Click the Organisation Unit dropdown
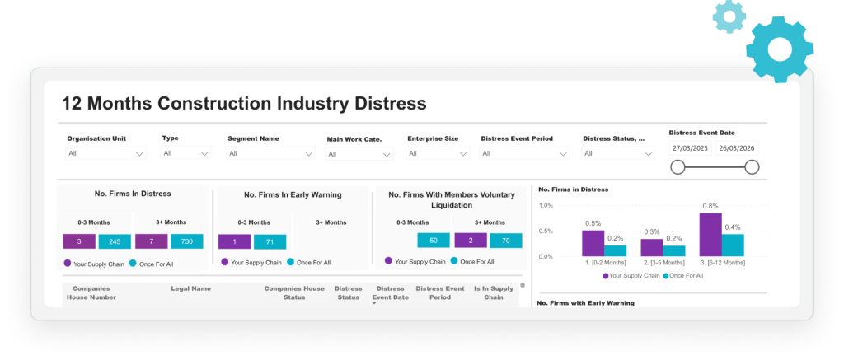pos(106,153)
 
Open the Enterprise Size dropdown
pos(438,153)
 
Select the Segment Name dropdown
pos(270,153)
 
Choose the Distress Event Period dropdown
pos(525,153)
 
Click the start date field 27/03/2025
pos(690,148)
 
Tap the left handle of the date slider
pos(678,167)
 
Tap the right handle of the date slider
pos(752,167)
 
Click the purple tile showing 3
pos(79,241)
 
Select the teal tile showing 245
pos(115,241)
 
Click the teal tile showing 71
pos(270,241)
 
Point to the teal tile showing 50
pos(433,241)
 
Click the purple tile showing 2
pos(469,241)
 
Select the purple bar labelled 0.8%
pos(710,235)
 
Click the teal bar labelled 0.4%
pos(733,245)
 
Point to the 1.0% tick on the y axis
pos(545,205)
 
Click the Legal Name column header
pos(190,289)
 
